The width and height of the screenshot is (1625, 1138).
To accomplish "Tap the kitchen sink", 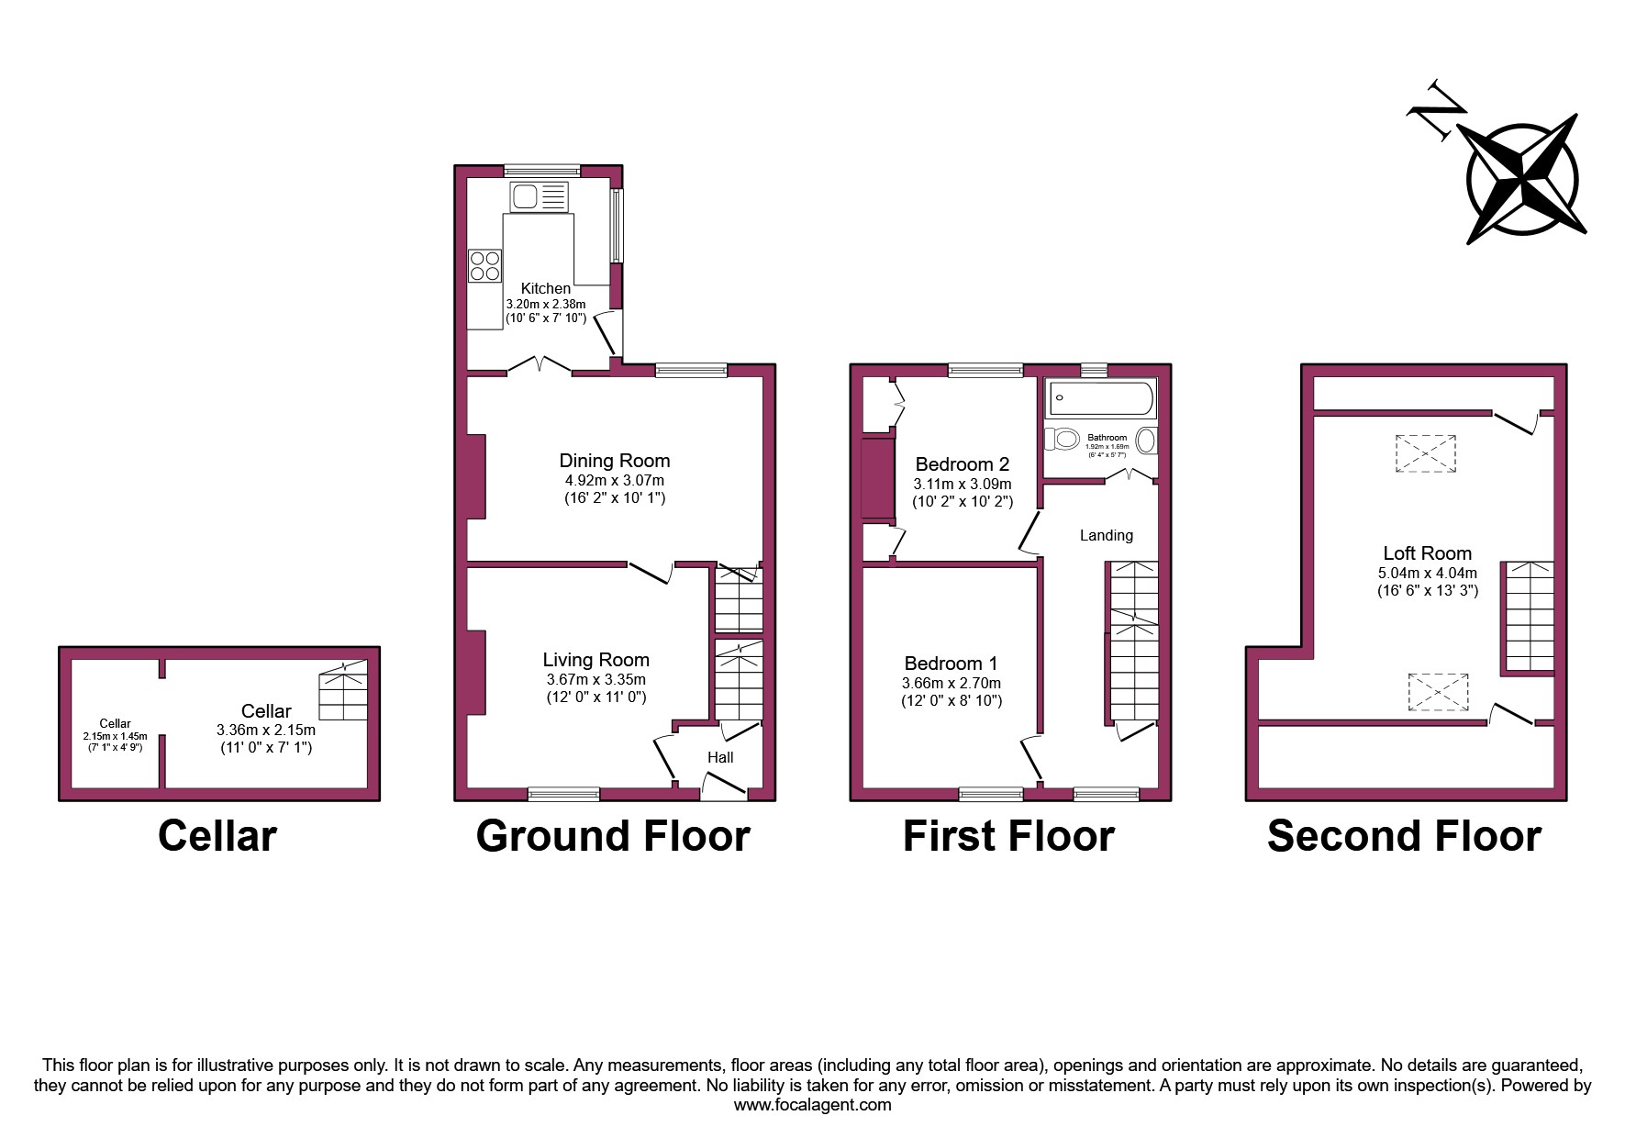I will pos(540,197).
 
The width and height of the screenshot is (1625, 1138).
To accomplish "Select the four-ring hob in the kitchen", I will pos(485,265).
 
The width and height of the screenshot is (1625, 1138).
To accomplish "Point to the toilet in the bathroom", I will pos(1062,439).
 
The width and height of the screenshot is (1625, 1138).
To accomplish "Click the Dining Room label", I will pos(615,461).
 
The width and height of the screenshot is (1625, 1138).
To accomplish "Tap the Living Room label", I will pos(595,660).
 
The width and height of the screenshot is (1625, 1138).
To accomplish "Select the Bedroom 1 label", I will pos(951,664).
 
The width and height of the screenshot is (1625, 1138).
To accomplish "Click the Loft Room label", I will pos(1427,553).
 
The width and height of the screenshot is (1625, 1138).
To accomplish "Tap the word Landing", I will pos(1106,535).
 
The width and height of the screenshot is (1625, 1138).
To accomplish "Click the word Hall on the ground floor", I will pos(720,757).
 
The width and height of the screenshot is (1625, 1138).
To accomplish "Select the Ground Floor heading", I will pos(613,836).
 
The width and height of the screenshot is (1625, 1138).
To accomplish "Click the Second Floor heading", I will pos(1404,836).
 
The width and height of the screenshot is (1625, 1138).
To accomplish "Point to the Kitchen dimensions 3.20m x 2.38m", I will pos(546,304).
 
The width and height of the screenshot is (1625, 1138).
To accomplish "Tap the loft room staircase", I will pos(1528,617).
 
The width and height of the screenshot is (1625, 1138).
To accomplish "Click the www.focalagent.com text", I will pos(812,1105).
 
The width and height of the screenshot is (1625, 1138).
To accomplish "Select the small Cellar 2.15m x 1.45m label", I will pos(116,735).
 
